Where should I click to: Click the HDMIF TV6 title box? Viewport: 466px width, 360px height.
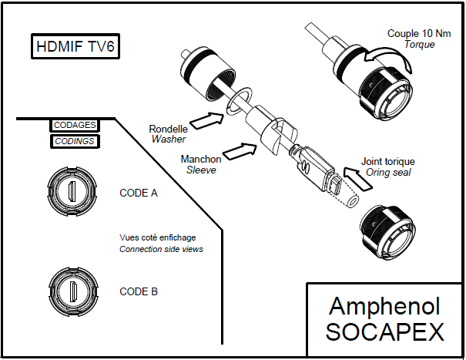point(75,46)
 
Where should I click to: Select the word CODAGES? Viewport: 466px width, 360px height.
point(75,125)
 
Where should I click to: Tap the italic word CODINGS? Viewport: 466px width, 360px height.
point(75,141)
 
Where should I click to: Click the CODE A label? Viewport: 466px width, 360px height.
point(139,193)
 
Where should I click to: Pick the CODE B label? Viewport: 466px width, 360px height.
point(139,291)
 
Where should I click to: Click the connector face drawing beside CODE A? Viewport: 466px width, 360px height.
point(72,191)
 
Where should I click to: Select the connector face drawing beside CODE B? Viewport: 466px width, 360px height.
point(73,291)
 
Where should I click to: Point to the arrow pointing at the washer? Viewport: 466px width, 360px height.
point(206,120)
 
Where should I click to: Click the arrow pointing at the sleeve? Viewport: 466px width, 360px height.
point(240,152)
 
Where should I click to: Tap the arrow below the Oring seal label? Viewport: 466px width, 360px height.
point(358,178)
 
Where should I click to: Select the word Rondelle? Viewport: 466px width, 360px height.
point(168,130)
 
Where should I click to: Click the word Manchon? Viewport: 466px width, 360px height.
point(201,159)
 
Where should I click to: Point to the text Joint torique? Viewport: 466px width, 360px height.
point(388,162)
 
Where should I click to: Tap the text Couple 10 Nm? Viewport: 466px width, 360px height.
point(419,33)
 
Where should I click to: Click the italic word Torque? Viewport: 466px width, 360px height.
point(420,45)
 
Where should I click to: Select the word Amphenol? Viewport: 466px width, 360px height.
point(384,306)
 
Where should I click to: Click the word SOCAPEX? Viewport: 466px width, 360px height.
point(385,331)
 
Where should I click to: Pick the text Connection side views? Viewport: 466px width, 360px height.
point(161,249)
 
